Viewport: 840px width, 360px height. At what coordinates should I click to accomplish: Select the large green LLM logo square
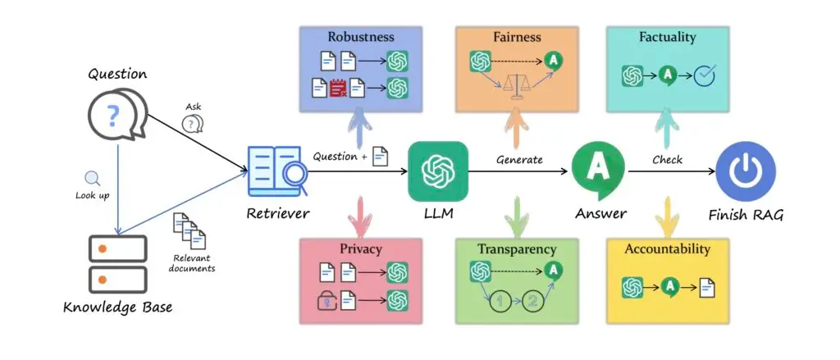(x=438, y=171)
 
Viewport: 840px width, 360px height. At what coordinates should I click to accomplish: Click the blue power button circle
(x=746, y=171)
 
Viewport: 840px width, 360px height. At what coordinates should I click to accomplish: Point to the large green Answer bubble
(x=598, y=171)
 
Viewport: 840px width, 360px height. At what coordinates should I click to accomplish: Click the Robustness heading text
(x=361, y=37)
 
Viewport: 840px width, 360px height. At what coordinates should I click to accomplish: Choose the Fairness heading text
(x=517, y=37)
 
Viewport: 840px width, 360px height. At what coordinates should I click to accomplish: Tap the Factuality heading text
(x=668, y=37)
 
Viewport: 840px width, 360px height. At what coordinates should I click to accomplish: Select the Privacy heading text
(x=361, y=249)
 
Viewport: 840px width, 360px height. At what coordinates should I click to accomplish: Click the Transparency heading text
(x=517, y=249)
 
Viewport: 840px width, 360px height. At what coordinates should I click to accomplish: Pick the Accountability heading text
(x=668, y=249)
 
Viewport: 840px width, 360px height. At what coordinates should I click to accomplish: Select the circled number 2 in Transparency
(x=532, y=301)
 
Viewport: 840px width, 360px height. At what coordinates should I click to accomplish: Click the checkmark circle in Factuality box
(x=705, y=75)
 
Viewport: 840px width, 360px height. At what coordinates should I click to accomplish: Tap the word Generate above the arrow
(x=519, y=159)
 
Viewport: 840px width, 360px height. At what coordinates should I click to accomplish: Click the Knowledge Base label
(x=118, y=308)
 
